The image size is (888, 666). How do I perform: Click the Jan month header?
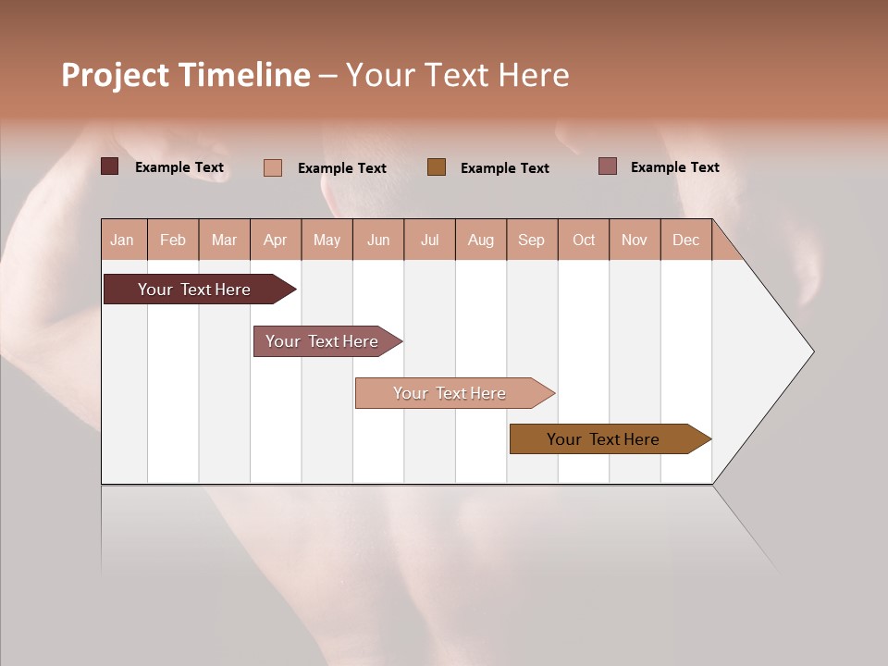tap(123, 240)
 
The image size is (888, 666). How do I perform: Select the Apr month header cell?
tap(276, 240)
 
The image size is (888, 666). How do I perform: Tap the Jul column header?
tap(429, 240)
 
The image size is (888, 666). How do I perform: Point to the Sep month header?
tap(532, 240)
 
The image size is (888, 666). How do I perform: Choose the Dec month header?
tap(685, 240)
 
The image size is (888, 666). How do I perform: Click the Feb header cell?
tap(173, 240)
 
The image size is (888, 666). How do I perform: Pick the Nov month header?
tap(635, 240)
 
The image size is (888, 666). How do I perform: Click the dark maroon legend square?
tap(109, 166)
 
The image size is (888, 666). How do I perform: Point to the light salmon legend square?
tap(272, 167)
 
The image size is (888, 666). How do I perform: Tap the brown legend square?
tap(437, 167)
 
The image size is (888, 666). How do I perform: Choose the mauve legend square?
tap(607, 166)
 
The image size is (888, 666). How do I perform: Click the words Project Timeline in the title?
tap(186, 75)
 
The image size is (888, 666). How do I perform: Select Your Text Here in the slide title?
tap(457, 75)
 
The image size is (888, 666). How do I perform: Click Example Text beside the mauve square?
tap(674, 166)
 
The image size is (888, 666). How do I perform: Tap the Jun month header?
tap(378, 240)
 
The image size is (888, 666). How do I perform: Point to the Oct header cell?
tap(584, 240)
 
